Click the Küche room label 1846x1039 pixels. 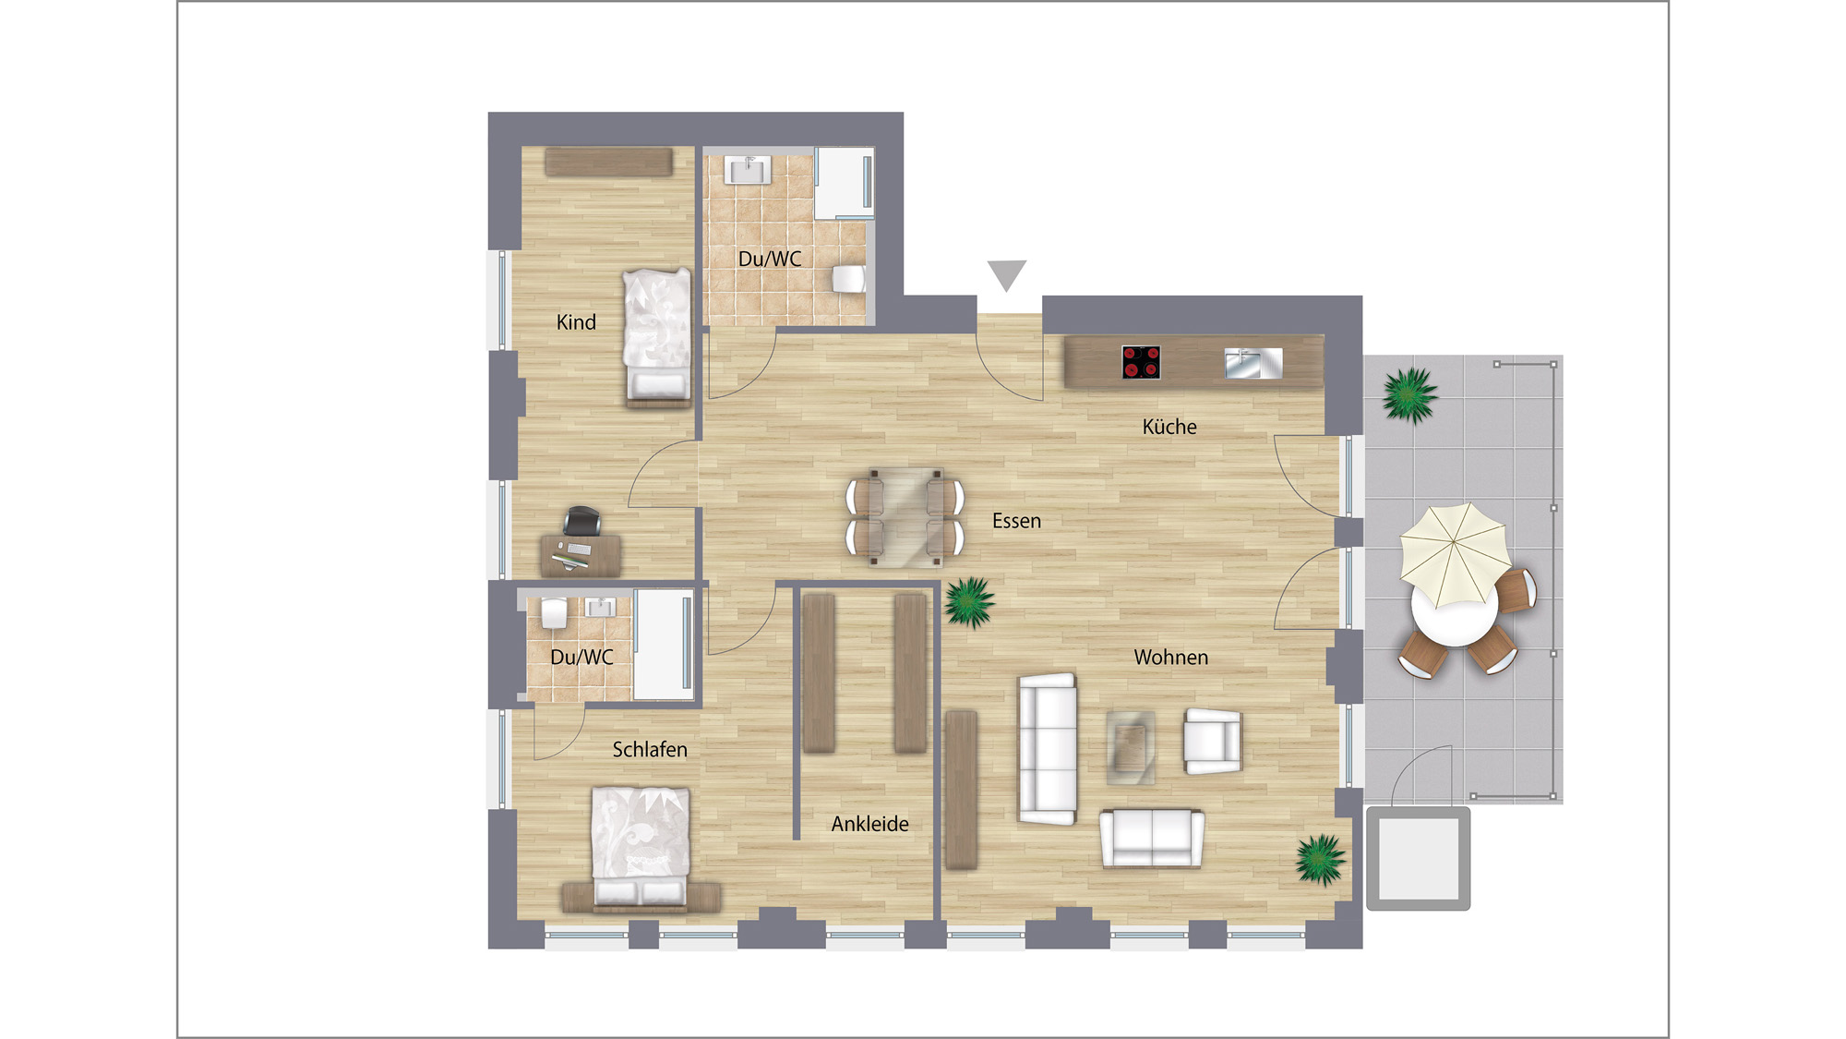coord(1169,427)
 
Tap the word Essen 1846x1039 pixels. coord(1016,521)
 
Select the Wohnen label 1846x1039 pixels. coord(1170,657)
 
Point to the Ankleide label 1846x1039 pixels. coord(869,824)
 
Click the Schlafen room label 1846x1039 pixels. coord(650,749)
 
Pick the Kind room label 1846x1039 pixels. coord(576,322)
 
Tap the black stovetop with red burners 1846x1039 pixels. coord(1141,362)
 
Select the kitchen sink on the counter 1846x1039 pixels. coord(1253,363)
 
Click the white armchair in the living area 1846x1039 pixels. coord(1213,741)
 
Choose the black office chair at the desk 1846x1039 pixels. coord(582,521)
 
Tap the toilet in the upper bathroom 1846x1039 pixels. coord(848,278)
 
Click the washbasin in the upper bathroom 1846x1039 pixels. coord(747,170)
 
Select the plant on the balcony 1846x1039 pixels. coord(1409,395)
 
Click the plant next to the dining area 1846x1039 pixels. coord(969,602)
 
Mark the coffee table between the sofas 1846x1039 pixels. coord(1131,747)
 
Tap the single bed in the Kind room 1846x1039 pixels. coord(657,338)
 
